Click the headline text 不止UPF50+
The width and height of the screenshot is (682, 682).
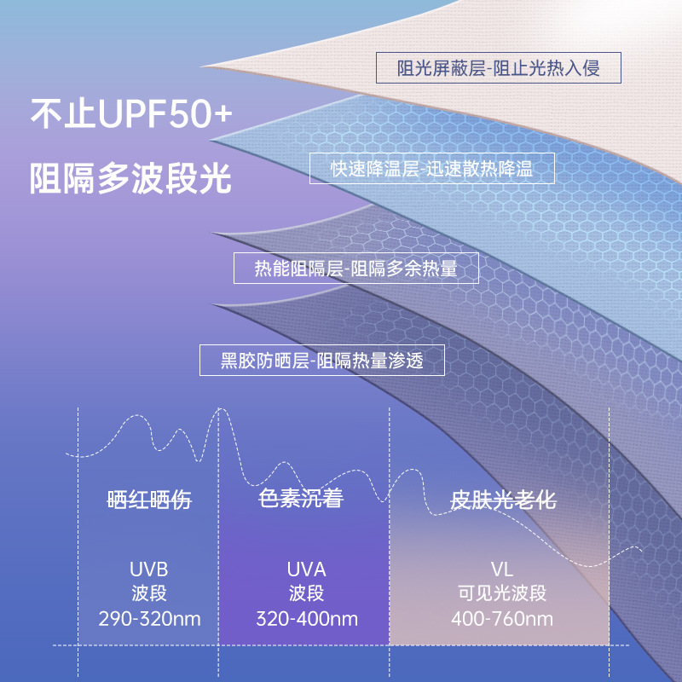pos(130,115)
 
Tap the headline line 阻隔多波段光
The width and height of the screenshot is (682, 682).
pos(130,178)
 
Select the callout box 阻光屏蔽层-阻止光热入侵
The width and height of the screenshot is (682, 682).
pos(499,68)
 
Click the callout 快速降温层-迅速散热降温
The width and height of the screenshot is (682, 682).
pos(431,168)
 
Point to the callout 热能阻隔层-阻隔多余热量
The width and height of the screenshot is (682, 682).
pos(356,269)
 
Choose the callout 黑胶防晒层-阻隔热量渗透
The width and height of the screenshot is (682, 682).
pos(321,360)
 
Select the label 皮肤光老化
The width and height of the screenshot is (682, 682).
pos(503,500)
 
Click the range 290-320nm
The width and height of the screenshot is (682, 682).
pos(149,619)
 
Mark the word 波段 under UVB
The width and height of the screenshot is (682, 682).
pos(149,594)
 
